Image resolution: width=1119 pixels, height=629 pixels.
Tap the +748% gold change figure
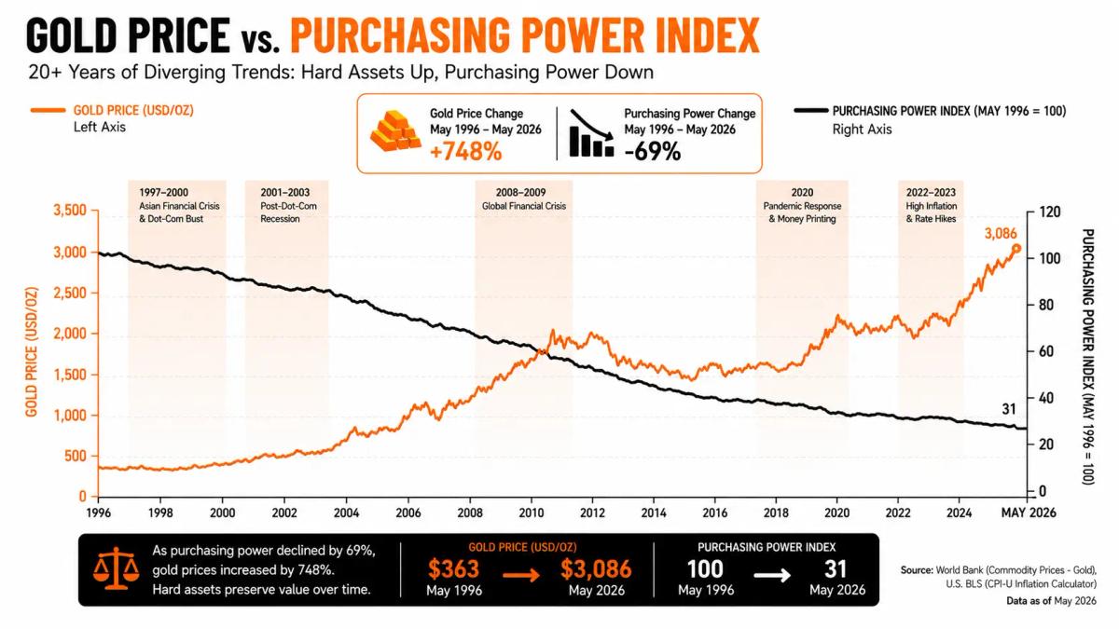pos(465,151)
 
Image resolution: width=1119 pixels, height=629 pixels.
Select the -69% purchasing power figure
pos(653,151)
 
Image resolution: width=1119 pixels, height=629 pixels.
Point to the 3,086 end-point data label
pos(1000,233)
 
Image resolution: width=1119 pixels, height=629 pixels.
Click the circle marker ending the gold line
pos(1016,249)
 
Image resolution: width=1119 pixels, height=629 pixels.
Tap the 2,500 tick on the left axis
pos(70,293)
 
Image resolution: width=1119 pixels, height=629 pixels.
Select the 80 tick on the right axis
pos(1046,305)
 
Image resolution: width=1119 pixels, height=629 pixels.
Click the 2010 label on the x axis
pos(531,513)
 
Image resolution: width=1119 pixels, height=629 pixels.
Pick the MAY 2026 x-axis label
pos(1029,513)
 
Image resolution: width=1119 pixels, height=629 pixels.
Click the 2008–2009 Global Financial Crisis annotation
pos(523,198)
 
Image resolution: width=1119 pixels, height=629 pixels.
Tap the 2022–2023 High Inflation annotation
pos(932,205)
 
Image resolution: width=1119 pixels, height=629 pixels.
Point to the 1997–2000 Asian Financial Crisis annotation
pos(179,205)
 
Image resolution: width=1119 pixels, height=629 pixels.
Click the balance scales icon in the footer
pos(116,568)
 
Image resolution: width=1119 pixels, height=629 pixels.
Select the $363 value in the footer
pos(453,568)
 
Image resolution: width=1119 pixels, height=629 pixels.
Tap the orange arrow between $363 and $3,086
pos(521,575)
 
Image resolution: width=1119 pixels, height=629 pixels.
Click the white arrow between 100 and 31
pos(772,575)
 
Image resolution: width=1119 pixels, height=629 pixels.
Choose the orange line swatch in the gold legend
pos(48,110)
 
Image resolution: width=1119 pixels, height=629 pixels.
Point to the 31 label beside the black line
pos(1009,409)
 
